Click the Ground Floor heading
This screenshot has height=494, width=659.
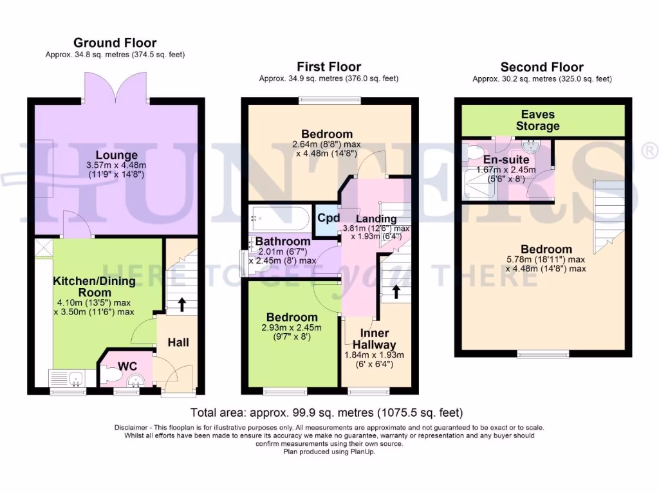pos(115,43)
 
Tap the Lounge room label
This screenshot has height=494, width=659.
pos(116,155)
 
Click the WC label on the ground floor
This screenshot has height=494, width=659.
pos(127,367)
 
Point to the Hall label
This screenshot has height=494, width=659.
pos(178,342)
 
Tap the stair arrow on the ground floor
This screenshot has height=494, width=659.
pos(182,304)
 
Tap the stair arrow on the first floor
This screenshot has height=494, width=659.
pos(396,291)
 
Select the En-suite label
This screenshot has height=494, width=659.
pos(506,160)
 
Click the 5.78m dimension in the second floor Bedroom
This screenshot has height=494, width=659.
pos(520,259)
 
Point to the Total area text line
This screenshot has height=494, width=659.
pos(326,412)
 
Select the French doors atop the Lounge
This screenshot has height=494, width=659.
pos(116,86)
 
